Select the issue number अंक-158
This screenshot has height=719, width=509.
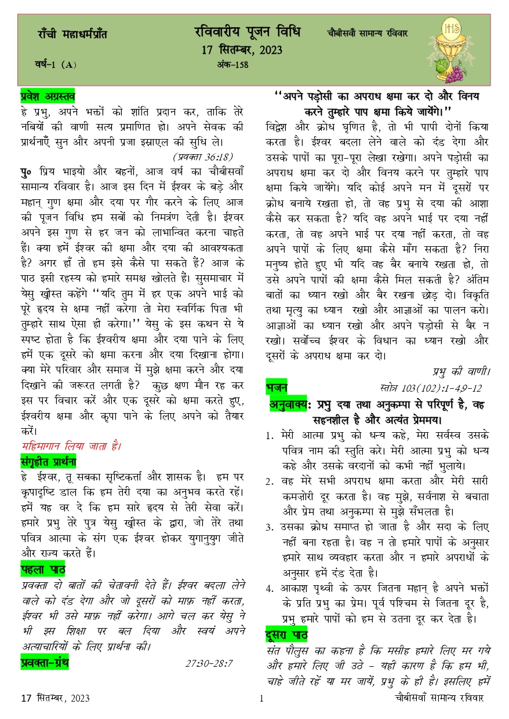[x=231, y=65]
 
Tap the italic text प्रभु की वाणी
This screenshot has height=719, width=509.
[x=461, y=371]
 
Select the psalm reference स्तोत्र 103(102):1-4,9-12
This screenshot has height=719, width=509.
[x=431, y=388]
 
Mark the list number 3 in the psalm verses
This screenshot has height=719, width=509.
[x=269, y=528]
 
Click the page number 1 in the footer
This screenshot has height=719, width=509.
[x=261, y=699]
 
